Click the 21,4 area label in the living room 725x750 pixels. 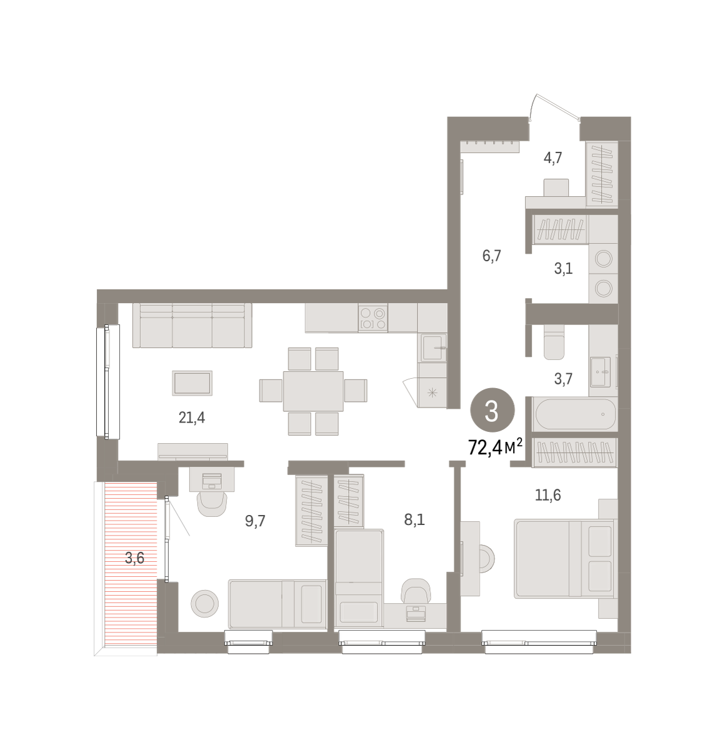coord(191,417)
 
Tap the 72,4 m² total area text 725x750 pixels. coord(495,447)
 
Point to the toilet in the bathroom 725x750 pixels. coord(554,342)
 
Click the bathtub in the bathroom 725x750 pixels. coord(575,414)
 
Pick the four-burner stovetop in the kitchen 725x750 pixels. coord(372,317)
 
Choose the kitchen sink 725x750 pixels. coord(433,347)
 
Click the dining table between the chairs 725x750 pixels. coord(313,391)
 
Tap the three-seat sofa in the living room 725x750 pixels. coord(192,325)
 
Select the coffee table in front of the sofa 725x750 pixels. coord(192,382)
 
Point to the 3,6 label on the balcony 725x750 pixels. coord(134,558)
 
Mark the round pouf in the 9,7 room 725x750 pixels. coord(204,604)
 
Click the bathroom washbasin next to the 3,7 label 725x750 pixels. coord(600,371)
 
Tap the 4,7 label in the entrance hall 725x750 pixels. coord(552,157)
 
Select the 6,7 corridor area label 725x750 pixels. coord(491,256)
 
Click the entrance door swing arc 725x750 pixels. coord(531,106)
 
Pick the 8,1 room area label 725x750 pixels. coord(414,520)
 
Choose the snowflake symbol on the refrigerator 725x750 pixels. coord(432,393)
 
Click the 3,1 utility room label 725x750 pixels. coord(563,268)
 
